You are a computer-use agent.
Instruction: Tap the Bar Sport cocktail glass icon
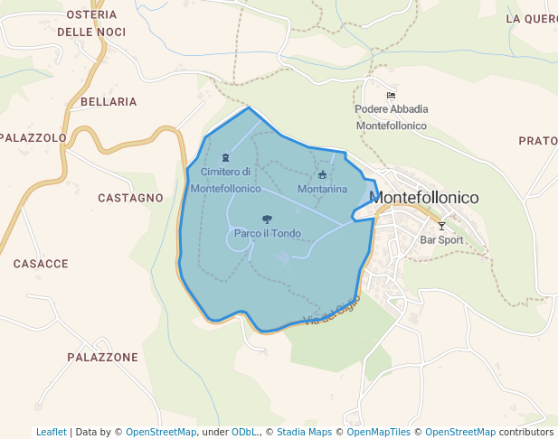pos(441,226)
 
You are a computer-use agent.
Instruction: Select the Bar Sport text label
pos(441,240)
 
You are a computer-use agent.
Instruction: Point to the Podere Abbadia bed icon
pos(391,96)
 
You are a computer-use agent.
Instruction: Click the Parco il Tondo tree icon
pos(267,219)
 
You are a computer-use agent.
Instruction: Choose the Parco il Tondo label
pos(267,234)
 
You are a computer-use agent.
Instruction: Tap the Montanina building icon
pos(322,174)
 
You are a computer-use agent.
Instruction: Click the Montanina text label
pos(322,190)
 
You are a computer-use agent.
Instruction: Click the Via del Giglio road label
pos(333,310)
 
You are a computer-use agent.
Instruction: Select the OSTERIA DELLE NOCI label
pos(91,23)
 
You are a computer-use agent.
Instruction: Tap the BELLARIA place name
pos(109,102)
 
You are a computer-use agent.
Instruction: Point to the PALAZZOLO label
pos(33,138)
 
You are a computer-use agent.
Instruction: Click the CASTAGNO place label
pos(130,198)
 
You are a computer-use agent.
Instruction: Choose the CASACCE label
pos(41,264)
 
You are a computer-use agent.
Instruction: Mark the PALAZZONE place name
pos(102,358)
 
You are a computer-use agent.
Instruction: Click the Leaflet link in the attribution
pos(52,432)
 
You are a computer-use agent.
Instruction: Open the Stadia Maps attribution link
pos(304,432)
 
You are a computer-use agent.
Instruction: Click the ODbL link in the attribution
pos(244,432)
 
